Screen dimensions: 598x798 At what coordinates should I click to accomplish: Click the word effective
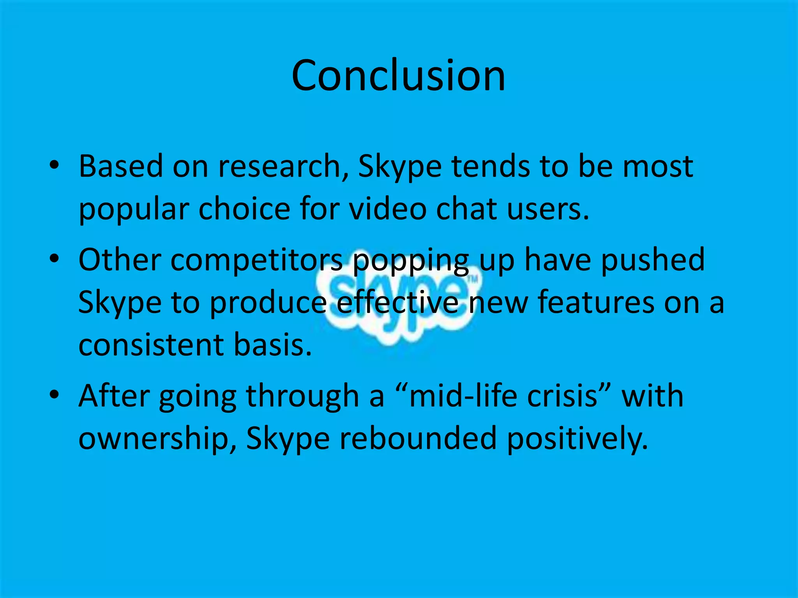[397, 303]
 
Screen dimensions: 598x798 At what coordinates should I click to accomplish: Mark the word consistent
[151, 345]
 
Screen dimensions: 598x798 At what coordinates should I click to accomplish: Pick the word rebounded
[418, 438]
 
